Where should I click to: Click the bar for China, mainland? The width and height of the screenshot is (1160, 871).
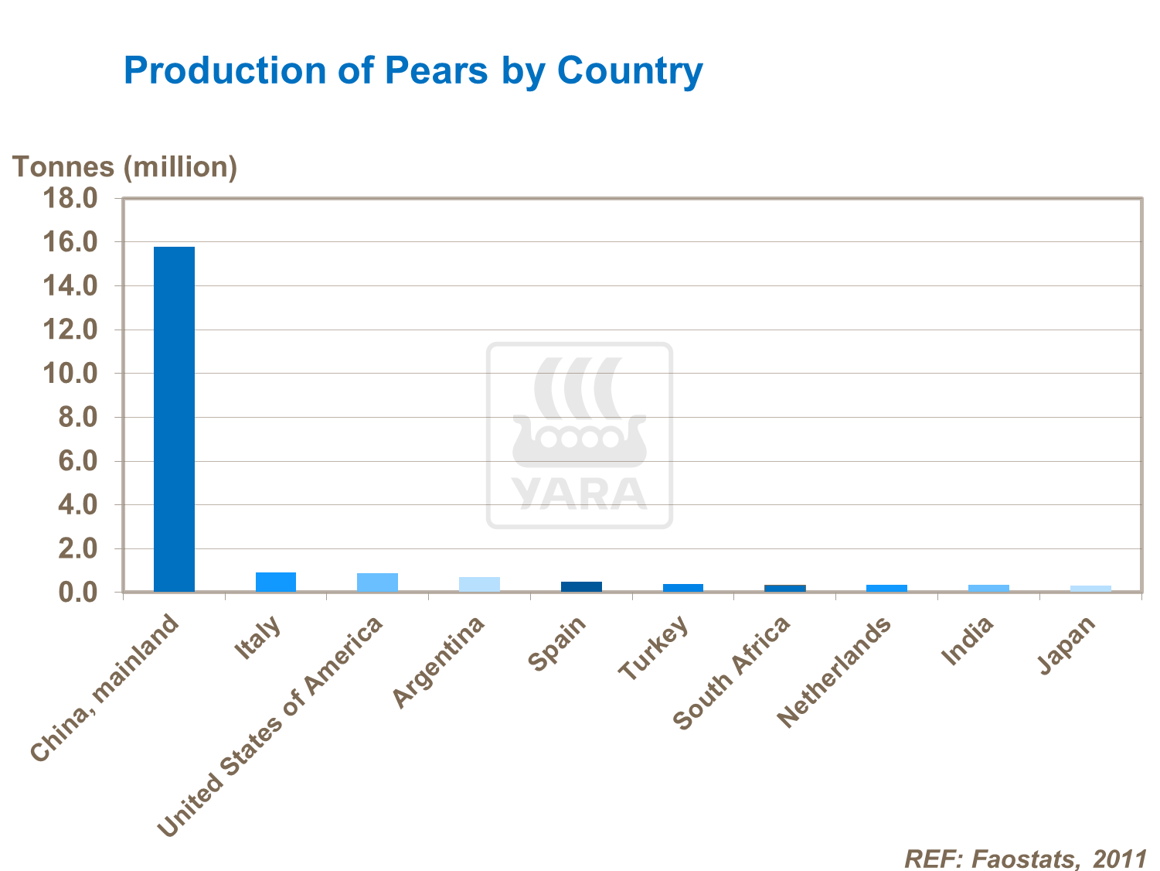(x=174, y=419)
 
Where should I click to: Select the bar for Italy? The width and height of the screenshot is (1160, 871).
(x=276, y=582)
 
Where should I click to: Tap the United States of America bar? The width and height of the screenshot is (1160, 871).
(x=377, y=582)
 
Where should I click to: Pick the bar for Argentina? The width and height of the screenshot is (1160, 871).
(x=479, y=584)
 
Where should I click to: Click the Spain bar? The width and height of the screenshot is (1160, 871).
(x=581, y=586)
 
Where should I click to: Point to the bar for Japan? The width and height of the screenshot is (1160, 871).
(x=1090, y=589)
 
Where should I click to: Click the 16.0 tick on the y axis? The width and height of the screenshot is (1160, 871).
(x=70, y=243)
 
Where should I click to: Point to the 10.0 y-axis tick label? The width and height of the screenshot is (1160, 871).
(x=70, y=374)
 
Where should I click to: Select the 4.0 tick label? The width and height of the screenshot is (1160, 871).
(x=77, y=506)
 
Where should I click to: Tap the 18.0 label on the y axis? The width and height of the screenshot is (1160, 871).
(x=70, y=199)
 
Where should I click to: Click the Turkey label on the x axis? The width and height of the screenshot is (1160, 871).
(x=654, y=648)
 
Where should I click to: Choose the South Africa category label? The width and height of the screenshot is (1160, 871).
(x=733, y=673)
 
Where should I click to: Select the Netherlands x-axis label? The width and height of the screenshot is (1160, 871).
(x=835, y=672)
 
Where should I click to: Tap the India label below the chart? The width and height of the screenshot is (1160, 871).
(x=968, y=641)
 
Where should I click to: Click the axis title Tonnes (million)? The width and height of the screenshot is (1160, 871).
(x=124, y=167)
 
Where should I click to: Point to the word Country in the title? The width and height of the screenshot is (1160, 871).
(x=630, y=70)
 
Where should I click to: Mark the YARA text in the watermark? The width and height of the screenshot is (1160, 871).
(x=580, y=494)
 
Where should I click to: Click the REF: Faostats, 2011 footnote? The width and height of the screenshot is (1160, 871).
(x=1026, y=858)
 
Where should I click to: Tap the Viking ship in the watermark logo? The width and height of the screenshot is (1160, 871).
(x=580, y=441)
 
